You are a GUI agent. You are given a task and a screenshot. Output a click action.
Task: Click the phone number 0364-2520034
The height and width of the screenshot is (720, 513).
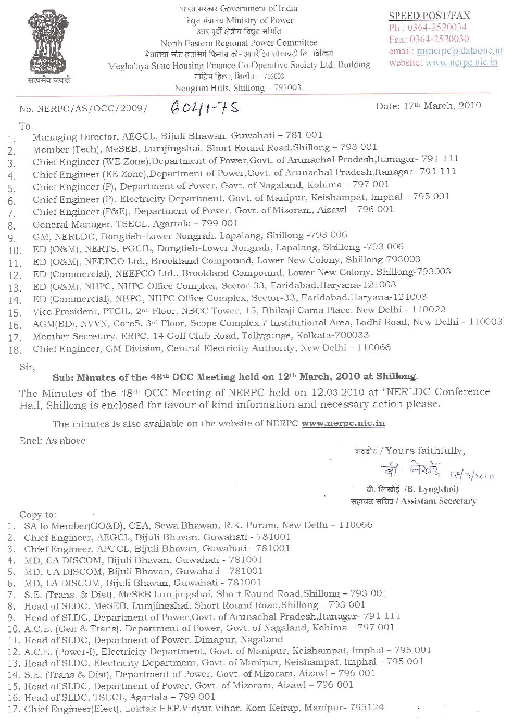[x=435, y=28]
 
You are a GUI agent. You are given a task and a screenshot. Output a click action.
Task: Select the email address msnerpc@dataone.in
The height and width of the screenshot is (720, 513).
[x=459, y=51]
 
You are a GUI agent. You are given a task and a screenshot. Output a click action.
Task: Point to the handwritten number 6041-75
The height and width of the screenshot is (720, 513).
[x=205, y=107]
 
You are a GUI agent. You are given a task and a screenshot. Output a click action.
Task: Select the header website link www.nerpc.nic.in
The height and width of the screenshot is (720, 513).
[x=461, y=62]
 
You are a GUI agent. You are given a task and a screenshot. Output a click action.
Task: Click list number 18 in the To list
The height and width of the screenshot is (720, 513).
[x=15, y=350]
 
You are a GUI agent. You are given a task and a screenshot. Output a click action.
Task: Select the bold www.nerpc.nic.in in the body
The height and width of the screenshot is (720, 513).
[x=343, y=424]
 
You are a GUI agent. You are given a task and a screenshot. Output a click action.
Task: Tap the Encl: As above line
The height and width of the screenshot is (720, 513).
[x=52, y=440]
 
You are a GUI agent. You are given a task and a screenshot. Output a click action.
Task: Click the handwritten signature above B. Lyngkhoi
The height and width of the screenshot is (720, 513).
[x=411, y=469]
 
